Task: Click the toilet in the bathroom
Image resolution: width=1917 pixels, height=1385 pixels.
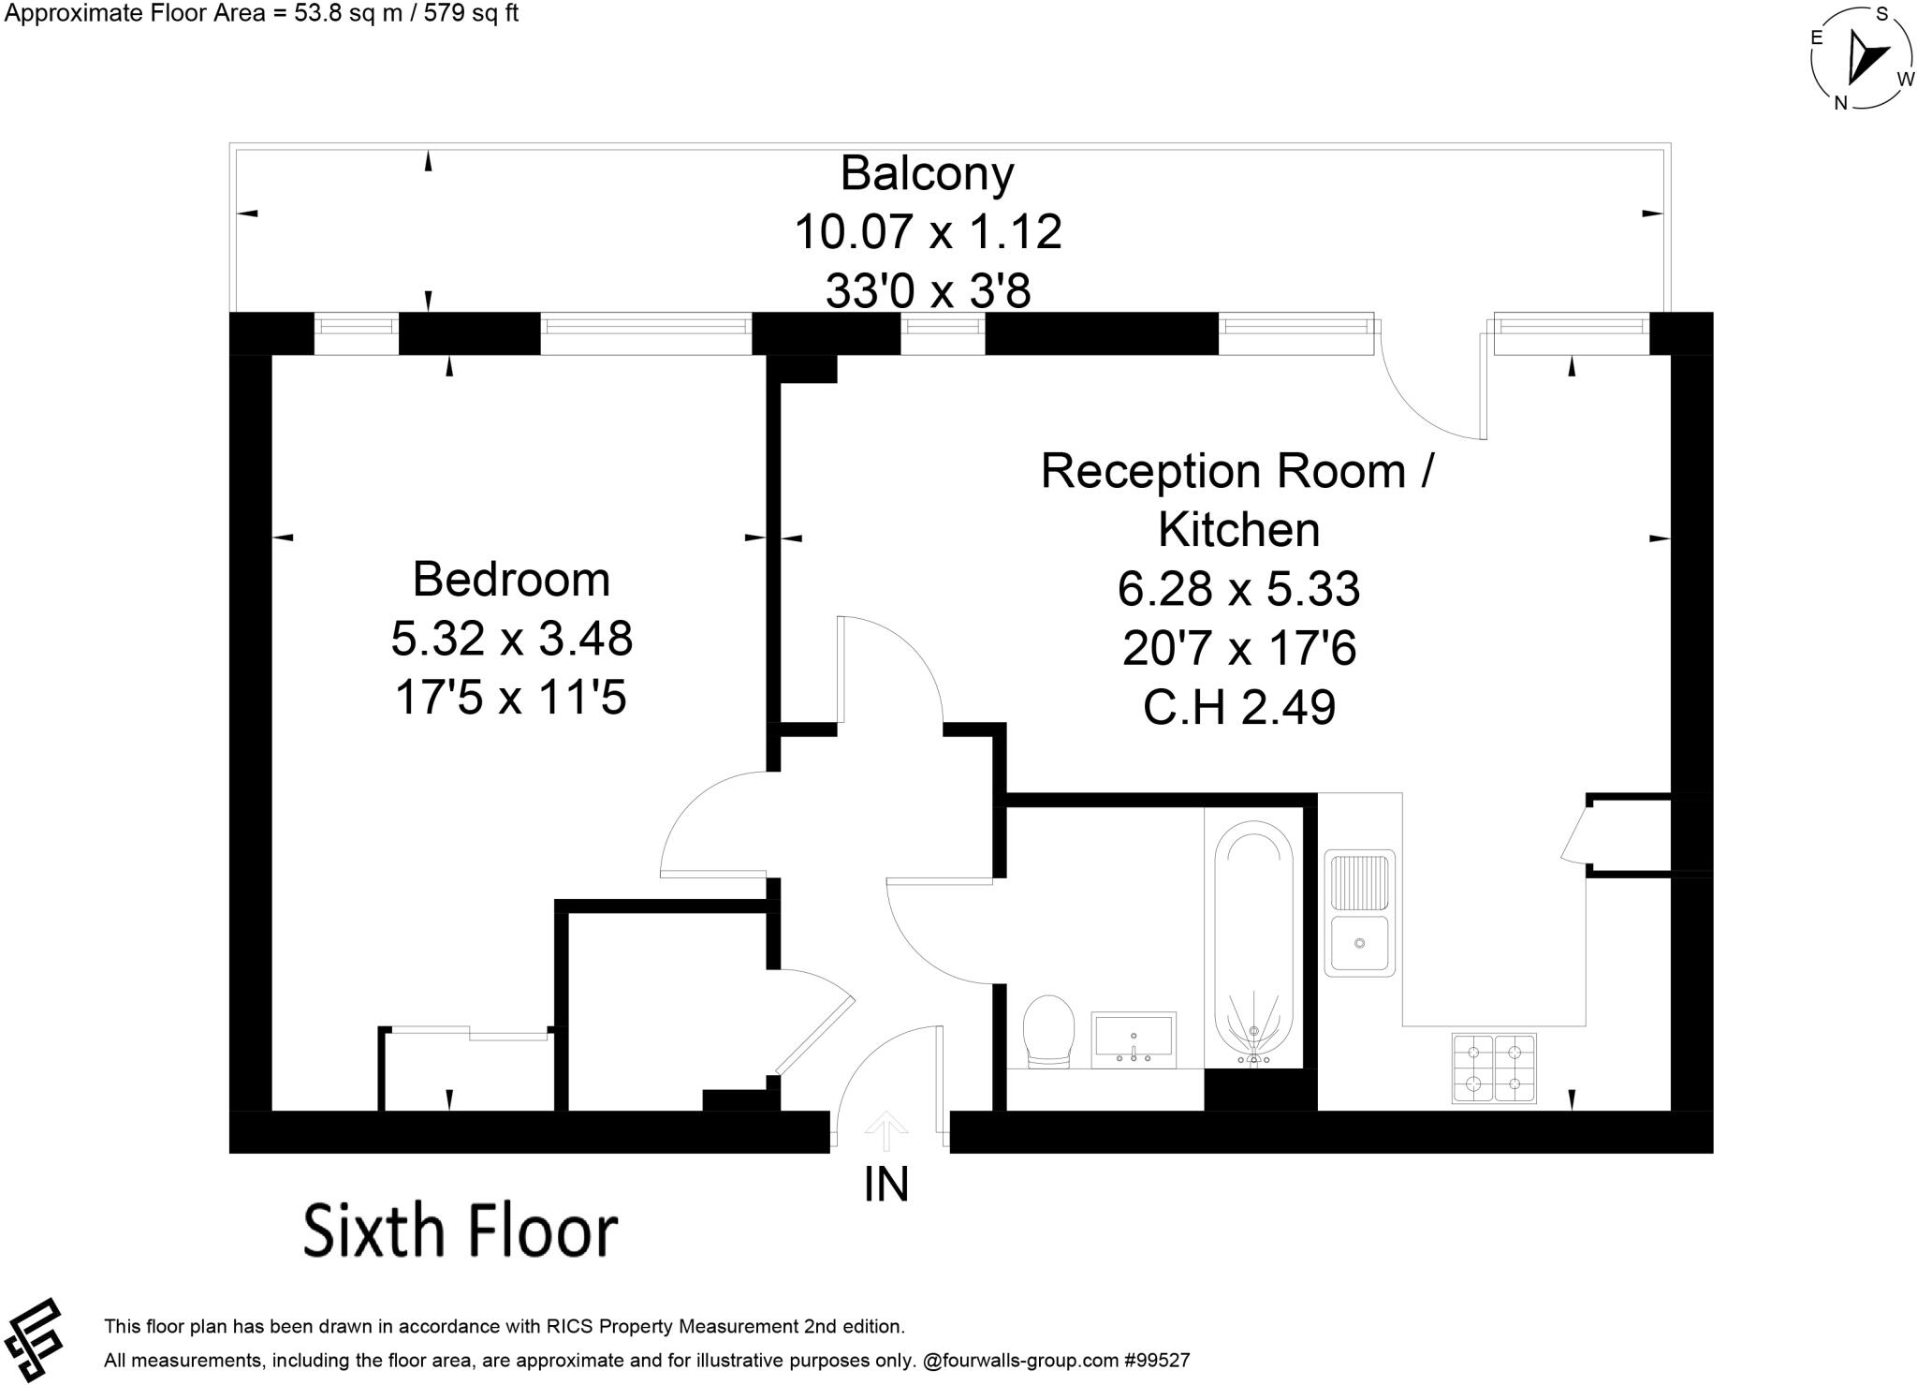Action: (1048, 1030)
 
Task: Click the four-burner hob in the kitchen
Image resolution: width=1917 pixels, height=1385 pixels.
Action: (1494, 1068)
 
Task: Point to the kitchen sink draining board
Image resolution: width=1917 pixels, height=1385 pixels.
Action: (1359, 881)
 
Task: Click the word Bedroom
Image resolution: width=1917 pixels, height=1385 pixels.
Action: (511, 580)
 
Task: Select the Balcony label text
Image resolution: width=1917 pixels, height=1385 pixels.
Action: (927, 174)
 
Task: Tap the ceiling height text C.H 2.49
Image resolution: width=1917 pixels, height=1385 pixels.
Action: (1238, 707)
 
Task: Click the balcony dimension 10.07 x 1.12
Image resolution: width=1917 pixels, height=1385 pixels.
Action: (928, 231)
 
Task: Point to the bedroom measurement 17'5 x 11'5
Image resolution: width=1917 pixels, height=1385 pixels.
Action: (510, 698)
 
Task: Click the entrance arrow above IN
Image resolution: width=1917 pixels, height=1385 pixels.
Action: (885, 1130)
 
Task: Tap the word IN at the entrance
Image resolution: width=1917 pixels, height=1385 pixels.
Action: (885, 1184)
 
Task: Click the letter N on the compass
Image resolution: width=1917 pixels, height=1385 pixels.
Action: (1840, 103)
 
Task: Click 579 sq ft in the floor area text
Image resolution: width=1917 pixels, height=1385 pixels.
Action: (471, 13)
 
